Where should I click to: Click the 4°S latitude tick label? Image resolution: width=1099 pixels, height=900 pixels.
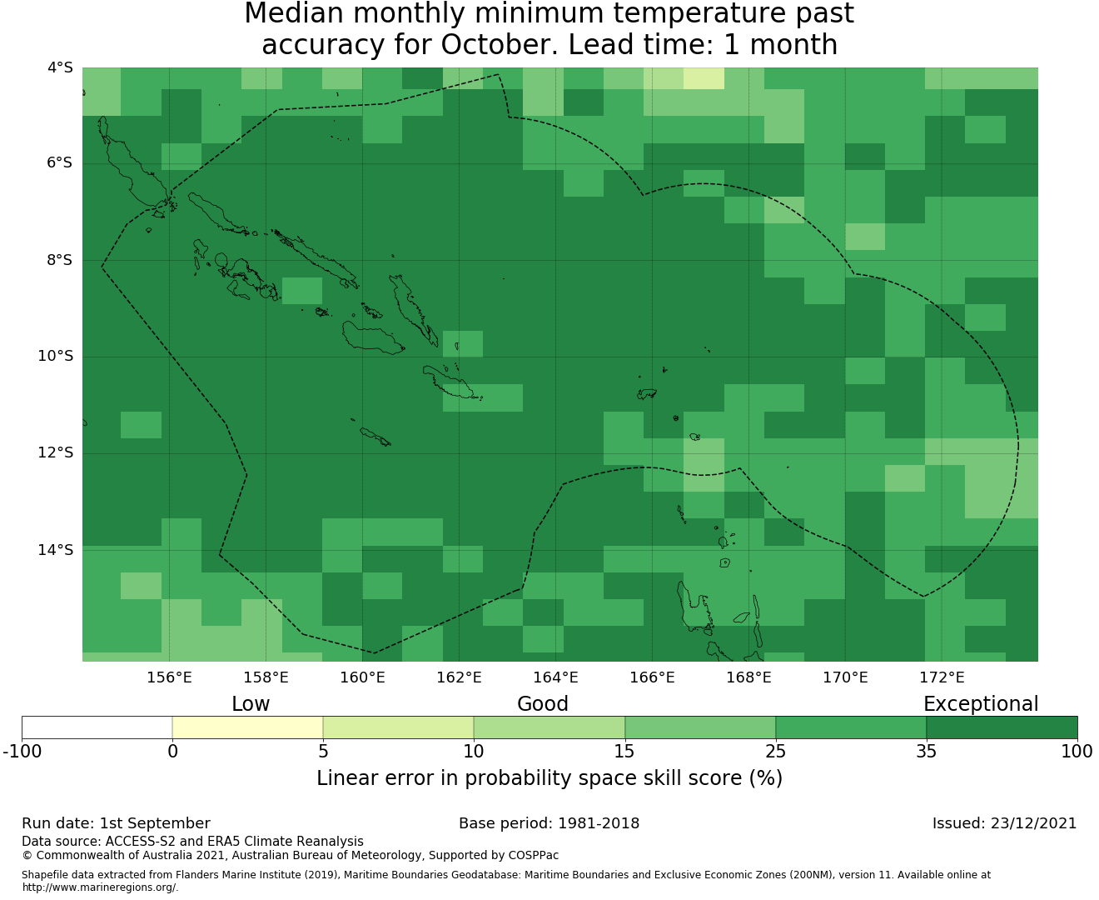[60, 67]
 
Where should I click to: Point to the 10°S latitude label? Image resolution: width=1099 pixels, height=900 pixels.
[55, 357]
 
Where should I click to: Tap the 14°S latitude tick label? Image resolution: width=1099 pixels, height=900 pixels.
[55, 550]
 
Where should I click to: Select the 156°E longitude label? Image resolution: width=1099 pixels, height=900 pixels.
[169, 677]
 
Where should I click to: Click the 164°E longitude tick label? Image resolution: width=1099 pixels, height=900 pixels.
[555, 677]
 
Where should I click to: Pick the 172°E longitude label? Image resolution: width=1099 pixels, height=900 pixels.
[942, 677]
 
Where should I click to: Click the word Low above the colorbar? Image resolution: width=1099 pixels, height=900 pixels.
[251, 704]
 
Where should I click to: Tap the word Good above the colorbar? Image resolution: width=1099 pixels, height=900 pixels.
[543, 704]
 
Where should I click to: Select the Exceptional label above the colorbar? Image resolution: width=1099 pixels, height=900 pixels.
[981, 704]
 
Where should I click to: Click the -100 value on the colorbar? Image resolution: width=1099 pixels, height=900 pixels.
[22, 752]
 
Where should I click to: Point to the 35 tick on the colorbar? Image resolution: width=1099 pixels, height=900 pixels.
[926, 752]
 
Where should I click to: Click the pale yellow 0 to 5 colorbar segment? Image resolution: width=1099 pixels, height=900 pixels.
[247, 727]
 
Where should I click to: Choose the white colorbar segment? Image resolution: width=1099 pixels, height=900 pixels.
[97, 727]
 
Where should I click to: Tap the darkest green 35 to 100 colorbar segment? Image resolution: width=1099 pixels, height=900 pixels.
[1002, 727]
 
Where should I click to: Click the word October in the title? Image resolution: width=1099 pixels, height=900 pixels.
[500, 45]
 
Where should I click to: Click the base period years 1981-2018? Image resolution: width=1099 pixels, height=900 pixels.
[599, 823]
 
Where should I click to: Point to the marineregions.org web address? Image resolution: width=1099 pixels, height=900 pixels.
[100, 887]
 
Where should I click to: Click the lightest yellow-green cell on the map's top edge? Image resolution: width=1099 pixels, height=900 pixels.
[704, 78]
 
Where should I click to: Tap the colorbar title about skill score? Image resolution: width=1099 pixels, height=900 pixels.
[549, 778]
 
